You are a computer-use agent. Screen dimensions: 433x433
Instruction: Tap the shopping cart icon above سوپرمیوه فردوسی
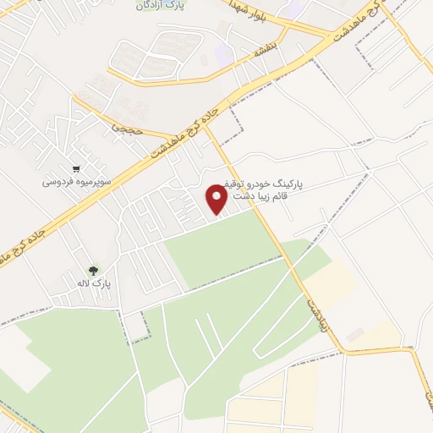(x=77, y=168)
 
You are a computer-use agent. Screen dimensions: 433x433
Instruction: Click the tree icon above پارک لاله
(x=93, y=270)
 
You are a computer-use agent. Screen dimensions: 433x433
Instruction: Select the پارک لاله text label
(x=93, y=282)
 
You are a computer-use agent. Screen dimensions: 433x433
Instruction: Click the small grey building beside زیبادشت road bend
(x=354, y=337)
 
